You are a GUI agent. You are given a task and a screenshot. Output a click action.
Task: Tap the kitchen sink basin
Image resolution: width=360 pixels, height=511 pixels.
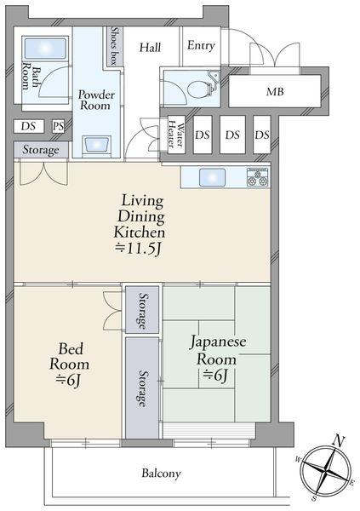(x=212, y=177)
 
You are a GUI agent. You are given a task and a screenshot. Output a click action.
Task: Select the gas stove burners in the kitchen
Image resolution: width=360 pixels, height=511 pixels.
(x=258, y=177)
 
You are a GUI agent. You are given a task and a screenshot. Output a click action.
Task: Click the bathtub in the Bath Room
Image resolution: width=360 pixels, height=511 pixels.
(x=45, y=49)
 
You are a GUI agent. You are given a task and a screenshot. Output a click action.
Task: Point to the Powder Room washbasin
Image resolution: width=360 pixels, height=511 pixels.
(x=96, y=146)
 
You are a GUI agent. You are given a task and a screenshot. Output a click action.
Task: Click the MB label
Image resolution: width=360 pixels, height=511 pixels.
(x=275, y=92)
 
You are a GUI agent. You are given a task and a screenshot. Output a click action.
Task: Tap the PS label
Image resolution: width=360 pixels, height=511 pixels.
(x=59, y=126)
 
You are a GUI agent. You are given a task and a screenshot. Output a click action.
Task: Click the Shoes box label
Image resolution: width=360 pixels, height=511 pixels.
(x=114, y=47)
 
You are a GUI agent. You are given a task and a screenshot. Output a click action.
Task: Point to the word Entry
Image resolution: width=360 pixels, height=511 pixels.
(x=201, y=45)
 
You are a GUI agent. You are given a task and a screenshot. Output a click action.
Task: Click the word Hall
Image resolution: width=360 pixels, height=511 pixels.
(x=150, y=47)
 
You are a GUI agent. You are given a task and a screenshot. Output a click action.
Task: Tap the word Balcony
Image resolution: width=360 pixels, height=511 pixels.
(x=161, y=474)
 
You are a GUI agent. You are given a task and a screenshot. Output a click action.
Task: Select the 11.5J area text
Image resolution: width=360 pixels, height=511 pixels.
(x=139, y=249)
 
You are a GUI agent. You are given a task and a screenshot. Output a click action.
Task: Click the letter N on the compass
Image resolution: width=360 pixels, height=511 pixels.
(x=339, y=441)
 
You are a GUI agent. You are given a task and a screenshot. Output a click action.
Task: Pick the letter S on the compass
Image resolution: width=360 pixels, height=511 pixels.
(x=314, y=498)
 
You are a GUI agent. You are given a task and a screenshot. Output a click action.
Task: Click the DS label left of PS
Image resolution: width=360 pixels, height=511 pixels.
(x=28, y=126)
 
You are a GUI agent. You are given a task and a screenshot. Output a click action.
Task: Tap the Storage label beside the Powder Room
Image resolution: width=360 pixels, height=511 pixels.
(x=41, y=150)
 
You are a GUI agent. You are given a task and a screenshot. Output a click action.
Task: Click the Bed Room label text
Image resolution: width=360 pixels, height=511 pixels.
(x=70, y=356)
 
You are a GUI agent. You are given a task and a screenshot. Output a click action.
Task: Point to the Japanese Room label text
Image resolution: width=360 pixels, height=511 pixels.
(x=218, y=350)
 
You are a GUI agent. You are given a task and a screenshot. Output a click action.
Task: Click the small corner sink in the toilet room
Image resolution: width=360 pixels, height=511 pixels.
(x=214, y=76)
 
